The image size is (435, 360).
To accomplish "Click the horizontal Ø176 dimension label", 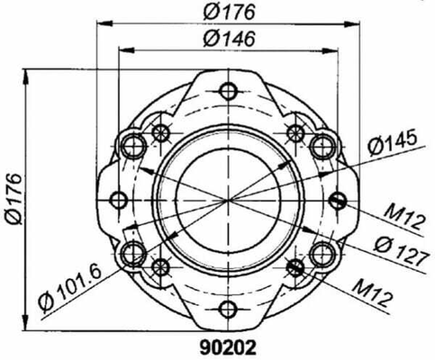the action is pyautogui.click(x=229, y=12).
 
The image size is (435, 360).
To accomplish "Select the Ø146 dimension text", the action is pyautogui.click(x=229, y=39).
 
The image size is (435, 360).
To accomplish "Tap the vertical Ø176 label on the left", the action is pyautogui.click(x=14, y=199).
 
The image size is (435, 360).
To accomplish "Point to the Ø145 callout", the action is pyautogui.click(x=393, y=142).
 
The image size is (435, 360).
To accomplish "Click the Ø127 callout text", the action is pyautogui.click(x=401, y=250).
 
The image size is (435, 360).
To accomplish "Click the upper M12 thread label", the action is pyautogui.click(x=405, y=217).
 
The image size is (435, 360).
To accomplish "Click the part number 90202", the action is pyautogui.click(x=228, y=348).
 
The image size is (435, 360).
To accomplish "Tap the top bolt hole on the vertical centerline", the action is pyautogui.click(x=229, y=91).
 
